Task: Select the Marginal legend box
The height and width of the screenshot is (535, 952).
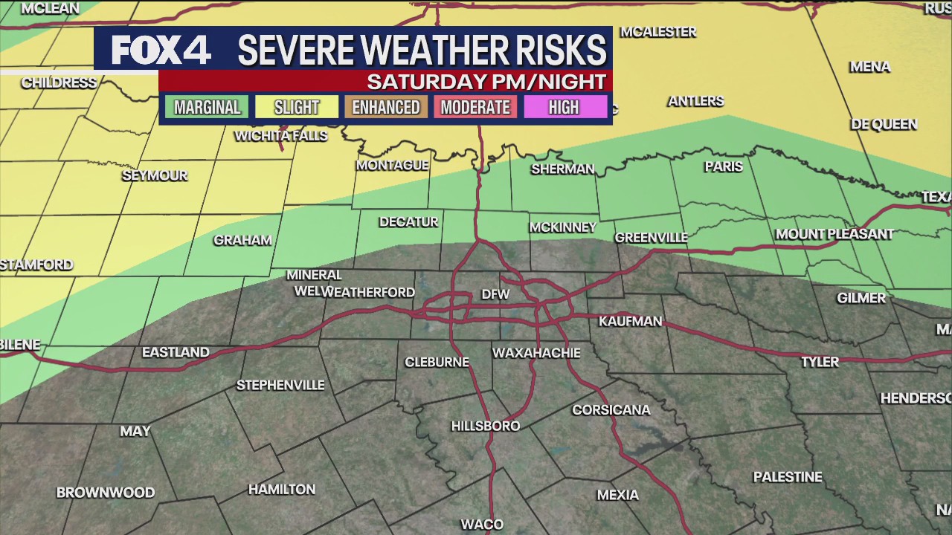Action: tap(207, 107)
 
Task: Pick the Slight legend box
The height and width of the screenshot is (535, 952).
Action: tap(296, 107)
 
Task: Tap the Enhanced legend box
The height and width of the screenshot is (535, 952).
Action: tap(385, 107)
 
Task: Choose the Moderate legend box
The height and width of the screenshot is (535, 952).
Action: tap(475, 107)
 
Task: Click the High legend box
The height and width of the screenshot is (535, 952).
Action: tap(564, 107)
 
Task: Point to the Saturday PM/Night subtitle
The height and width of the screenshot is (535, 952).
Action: tap(486, 81)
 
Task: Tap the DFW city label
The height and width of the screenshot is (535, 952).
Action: tap(495, 294)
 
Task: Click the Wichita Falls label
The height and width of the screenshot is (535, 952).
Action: tap(280, 135)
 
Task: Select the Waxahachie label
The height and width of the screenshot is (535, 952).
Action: tap(535, 353)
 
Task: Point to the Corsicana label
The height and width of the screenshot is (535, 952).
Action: tap(611, 410)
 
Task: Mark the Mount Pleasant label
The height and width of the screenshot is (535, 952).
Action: tap(834, 234)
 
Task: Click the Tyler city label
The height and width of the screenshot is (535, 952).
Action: tap(820, 362)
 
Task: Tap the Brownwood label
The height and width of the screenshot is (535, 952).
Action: tap(106, 493)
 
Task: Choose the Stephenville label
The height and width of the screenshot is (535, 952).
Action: tap(280, 385)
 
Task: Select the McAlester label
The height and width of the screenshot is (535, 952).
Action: tap(657, 32)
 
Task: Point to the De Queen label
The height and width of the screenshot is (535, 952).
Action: tap(884, 124)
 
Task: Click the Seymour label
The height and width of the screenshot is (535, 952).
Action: tap(155, 175)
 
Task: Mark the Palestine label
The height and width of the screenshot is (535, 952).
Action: tap(788, 477)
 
